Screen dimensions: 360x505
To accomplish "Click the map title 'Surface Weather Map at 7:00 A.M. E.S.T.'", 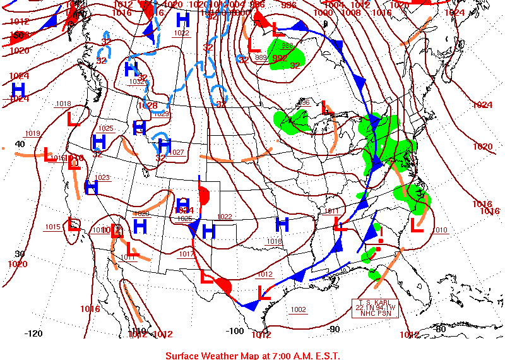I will pos(252,355).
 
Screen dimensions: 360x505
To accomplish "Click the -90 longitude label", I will pos(334,328).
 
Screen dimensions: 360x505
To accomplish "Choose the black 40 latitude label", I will pos(20,144).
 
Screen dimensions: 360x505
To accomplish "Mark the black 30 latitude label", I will pos(20,253).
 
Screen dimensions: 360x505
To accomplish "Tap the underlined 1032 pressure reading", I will pos(137,81).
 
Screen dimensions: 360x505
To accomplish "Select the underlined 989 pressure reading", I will pos(261,57).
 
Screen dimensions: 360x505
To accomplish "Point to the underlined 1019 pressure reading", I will pos(33,133).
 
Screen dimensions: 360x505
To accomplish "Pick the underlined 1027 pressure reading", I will pos(177,152).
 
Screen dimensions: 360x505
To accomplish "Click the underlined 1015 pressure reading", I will pos(52,227).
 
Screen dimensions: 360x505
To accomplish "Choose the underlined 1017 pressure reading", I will pos(186,254).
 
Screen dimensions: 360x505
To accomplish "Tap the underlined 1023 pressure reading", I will pos(102,177).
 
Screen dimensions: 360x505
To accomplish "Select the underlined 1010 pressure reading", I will pos(440,230).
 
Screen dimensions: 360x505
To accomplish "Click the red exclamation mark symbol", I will pos(381,235).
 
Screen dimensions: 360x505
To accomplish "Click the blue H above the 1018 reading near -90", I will pos(282,224).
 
